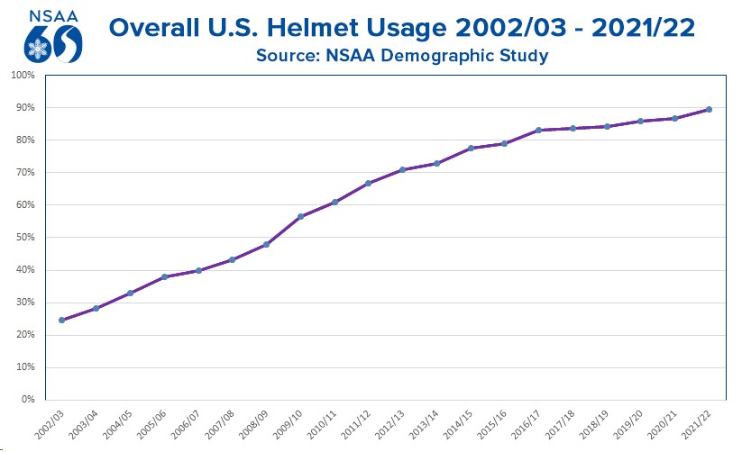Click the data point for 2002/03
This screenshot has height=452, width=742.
tap(62, 320)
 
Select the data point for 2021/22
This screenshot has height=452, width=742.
tap(709, 110)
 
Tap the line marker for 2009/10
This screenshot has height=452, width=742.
tap(300, 216)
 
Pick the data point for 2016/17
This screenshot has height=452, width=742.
tap(538, 131)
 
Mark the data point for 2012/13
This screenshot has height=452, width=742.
tap(402, 169)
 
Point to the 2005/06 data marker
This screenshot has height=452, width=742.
tap(164, 276)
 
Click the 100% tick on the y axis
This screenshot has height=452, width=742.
tap(23, 75)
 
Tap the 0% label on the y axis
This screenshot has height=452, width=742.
tap(27, 399)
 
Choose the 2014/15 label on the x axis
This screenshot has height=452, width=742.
tap(458, 423)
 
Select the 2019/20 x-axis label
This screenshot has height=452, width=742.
tap(627, 423)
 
